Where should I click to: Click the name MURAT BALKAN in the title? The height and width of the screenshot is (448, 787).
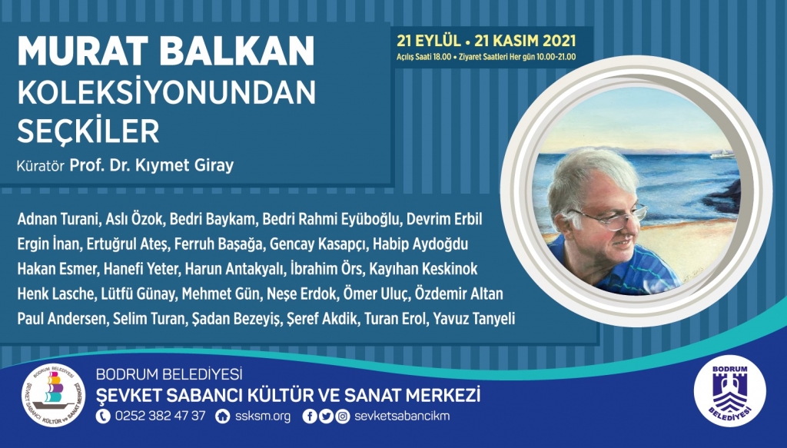(164, 51)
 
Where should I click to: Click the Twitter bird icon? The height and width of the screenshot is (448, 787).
(325, 416)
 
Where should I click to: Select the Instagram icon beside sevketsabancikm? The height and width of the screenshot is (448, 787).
(341, 416)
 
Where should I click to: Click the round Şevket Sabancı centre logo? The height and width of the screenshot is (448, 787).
(52, 394)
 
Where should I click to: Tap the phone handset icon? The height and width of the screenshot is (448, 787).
(103, 416)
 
